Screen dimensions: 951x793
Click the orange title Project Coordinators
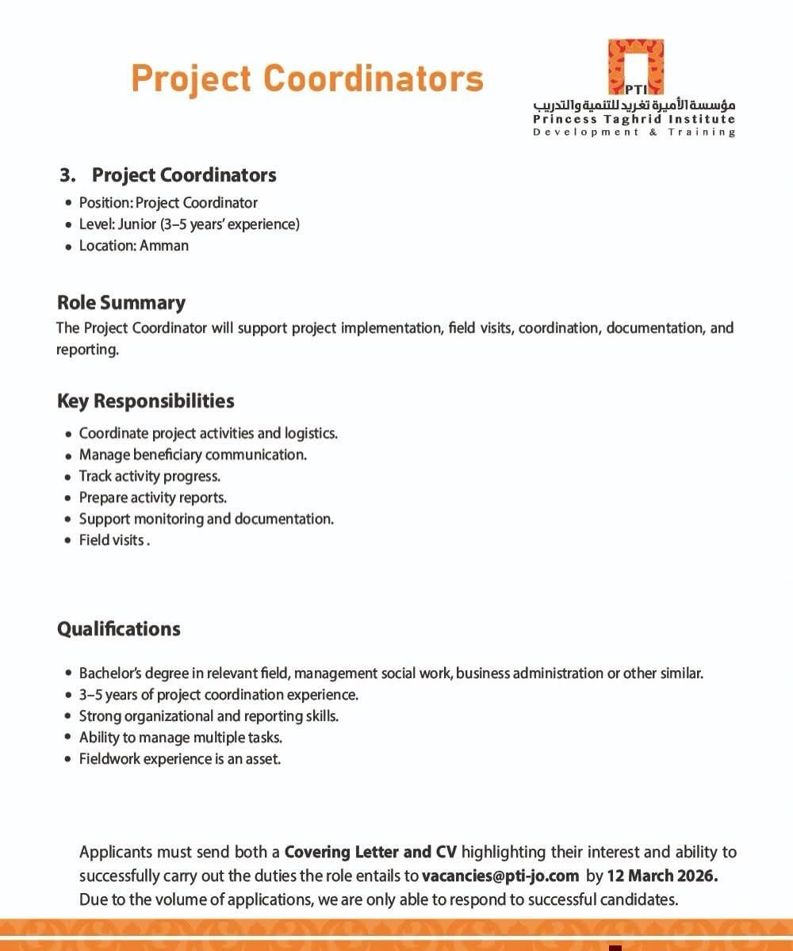tap(307, 79)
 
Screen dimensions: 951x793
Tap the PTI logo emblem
tap(635, 67)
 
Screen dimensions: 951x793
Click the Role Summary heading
tap(121, 302)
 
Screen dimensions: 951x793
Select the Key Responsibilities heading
tap(146, 401)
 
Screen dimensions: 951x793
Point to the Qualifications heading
tap(119, 629)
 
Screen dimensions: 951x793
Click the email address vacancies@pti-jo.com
tap(500, 876)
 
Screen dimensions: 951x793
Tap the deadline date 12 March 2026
tap(662, 876)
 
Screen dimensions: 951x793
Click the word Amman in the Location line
tap(164, 245)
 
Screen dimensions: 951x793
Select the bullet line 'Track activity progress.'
tap(149, 476)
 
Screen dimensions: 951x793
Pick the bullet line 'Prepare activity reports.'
tap(152, 497)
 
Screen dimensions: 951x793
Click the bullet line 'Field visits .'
tap(112, 540)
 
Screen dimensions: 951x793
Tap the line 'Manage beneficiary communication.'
tap(193, 454)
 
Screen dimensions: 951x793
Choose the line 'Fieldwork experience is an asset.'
tap(180, 759)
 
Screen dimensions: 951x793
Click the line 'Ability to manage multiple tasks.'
tap(181, 738)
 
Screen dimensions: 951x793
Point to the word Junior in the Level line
tap(137, 224)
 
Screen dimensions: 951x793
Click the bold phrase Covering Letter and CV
tap(370, 853)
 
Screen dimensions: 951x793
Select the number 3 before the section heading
tap(67, 174)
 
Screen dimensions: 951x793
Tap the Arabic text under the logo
tap(634, 105)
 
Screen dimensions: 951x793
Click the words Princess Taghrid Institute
tap(634, 120)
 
